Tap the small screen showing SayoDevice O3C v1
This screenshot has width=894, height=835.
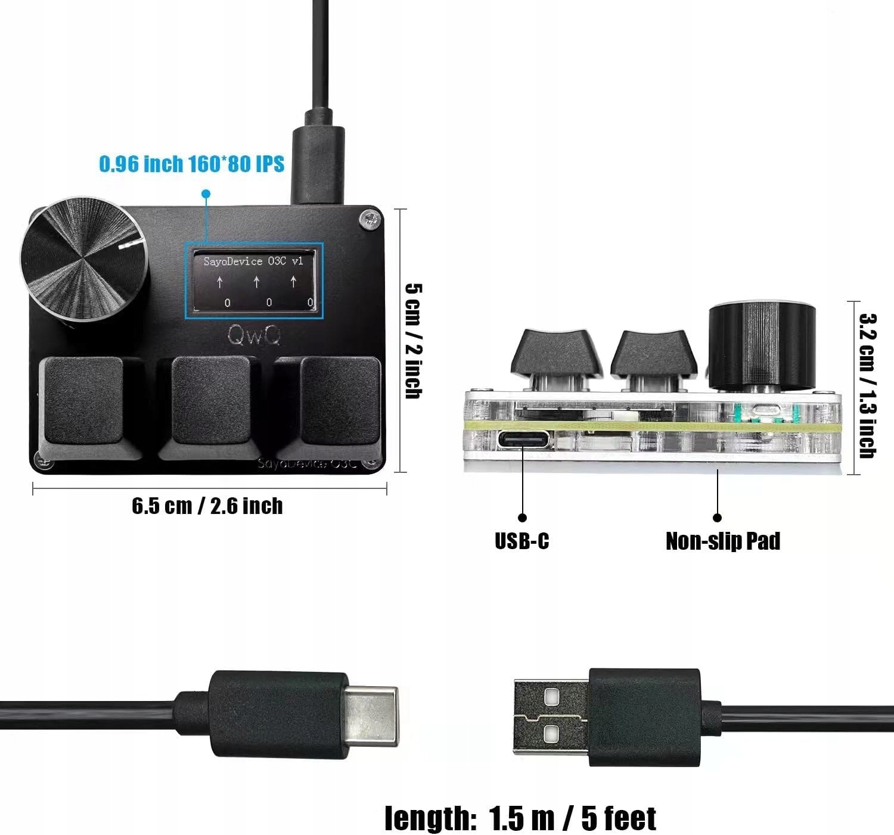coord(254,281)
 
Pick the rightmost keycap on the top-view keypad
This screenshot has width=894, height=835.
coord(340,400)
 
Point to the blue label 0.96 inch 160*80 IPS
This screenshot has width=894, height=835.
coord(191,164)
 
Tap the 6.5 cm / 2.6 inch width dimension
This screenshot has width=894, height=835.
coord(207,506)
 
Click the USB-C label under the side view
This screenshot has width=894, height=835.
coord(521,541)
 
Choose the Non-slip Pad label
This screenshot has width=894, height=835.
coord(722,541)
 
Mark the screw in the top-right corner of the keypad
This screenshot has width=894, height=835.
coord(368,220)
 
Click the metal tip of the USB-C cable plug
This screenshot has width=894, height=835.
coord(371,715)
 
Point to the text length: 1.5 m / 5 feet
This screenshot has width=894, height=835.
coord(520,818)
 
